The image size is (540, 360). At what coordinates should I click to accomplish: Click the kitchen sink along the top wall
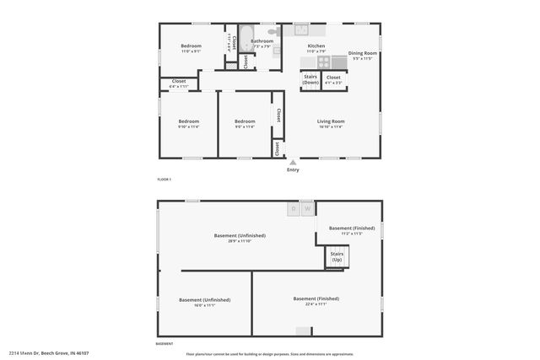(x=300, y=30)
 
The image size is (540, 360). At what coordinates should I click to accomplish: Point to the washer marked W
(x=308, y=208)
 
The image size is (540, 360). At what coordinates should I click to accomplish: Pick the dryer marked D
(x=294, y=208)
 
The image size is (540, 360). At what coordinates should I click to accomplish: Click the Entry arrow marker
(x=293, y=161)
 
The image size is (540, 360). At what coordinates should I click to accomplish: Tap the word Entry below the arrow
(x=293, y=170)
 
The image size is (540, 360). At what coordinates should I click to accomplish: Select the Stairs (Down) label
(x=310, y=80)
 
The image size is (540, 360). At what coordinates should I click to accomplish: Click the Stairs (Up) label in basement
(x=337, y=256)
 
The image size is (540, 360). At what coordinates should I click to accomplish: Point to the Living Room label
(x=331, y=121)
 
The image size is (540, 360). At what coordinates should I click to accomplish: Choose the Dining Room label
(x=363, y=55)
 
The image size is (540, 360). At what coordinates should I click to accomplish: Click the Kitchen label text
(x=316, y=46)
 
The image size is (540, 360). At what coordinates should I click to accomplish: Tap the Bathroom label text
(x=262, y=40)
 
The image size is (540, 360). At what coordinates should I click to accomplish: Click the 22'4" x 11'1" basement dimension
(x=316, y=304)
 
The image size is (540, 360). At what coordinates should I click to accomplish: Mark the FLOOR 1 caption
(x=164, y=180)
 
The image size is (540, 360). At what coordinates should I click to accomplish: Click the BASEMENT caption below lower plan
(x=165, y=344)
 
